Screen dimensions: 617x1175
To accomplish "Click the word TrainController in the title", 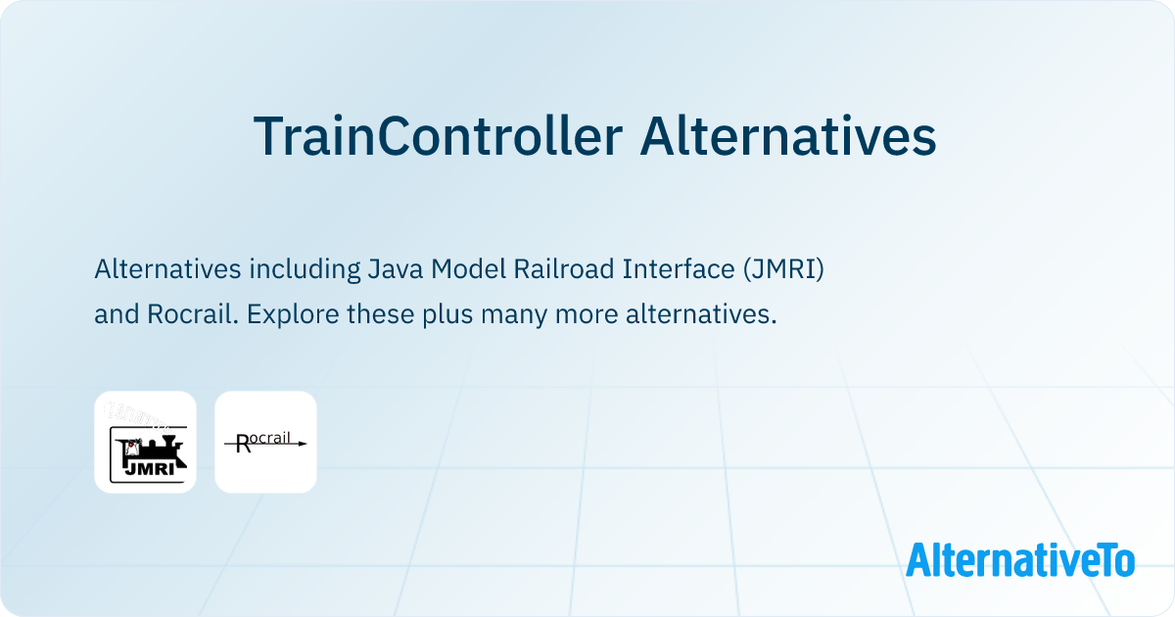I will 438,136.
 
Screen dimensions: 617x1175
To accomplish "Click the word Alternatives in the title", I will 788,136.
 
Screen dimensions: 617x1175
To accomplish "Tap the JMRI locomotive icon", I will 145,442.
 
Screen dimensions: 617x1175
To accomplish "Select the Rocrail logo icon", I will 265,442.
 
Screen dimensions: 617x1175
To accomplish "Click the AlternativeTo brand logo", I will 1020,559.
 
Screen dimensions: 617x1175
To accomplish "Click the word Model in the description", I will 469,268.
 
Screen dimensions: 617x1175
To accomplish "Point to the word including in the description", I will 301,268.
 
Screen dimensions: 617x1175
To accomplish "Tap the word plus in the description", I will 460,315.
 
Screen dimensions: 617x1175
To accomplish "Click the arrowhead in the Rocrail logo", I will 302,444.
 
